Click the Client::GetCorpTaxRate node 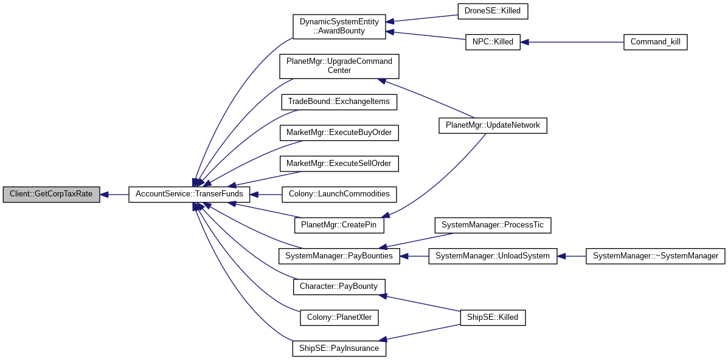click(x=51, y=195)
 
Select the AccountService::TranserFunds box click(x=189, y=195)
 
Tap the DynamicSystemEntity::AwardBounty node click(x=339, y=27)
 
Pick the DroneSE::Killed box click(x=493, y=11)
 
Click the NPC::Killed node click(x=493, y=43)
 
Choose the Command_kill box click(x=655, y=43)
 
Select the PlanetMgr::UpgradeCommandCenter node click(x=339, y=66)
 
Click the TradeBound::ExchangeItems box click(x=339, y=102)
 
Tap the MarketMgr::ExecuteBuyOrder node click(x=339, y=133)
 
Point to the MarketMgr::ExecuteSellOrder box click(x=339, y=164)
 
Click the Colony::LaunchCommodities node click(x=339, y=195)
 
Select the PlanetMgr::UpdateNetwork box click(x=493, y=125)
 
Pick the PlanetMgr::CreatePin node click(x=339, y=226)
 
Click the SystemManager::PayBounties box click(x=339, y=256)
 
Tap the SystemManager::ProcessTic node click(x=493, y=226)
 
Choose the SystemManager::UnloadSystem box click(x=493, y=256)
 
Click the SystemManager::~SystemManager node click(x=655, y=256)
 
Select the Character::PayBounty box click(x=339, y=286)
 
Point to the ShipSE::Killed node click(x=493, y=317)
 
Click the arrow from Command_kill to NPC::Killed click(x=572, y=43)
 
